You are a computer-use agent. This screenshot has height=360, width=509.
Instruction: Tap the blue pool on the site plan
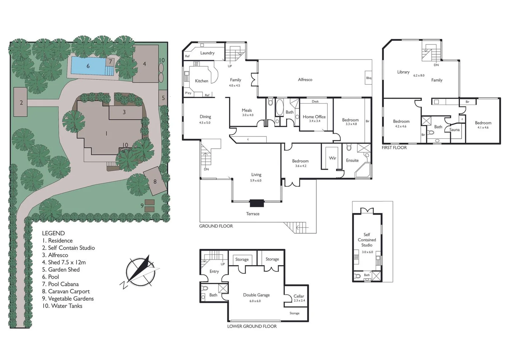[x=89, y=66]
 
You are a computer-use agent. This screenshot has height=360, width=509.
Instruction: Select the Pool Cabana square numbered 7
[x=110, y=61]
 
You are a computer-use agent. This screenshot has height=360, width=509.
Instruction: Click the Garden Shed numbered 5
[x=163, y=98]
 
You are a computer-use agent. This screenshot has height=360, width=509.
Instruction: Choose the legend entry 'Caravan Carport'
[x=66, y=291]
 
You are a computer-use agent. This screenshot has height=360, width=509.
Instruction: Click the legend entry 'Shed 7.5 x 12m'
[x=64, y=262]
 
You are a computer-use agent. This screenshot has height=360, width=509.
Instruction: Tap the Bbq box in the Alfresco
[x=369, y=78]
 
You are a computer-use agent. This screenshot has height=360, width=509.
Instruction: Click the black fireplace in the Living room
[x=257, y=203]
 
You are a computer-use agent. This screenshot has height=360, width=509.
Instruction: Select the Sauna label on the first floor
[x=454, y=130]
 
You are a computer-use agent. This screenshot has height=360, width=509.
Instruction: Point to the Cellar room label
[x=299, y=296]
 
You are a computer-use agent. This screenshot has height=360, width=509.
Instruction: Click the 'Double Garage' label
[x=256, y=295]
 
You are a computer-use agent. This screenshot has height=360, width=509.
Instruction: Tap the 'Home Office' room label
[x=314, y=117]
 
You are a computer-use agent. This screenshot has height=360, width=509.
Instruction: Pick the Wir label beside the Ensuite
[x=332, y=158]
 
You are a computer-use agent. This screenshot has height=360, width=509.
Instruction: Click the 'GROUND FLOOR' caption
[x=216, y=226]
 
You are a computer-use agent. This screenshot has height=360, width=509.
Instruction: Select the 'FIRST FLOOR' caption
[x=394, y=148]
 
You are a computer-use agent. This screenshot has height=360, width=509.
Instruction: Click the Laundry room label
[x=207, y=53]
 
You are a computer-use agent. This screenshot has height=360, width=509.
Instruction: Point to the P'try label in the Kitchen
[x=188, y=93]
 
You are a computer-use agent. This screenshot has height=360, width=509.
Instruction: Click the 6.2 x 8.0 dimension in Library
[x=419, y=75]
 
